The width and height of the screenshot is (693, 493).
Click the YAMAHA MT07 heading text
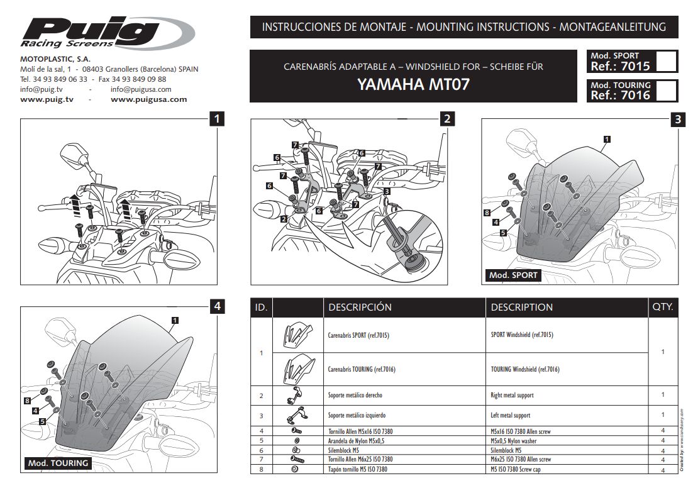(x=413, y=85)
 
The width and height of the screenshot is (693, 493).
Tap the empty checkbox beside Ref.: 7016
(x=666, y=91)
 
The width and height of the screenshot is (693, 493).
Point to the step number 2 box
(x=446, y=119)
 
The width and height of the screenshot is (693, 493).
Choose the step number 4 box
(x=216, y=306)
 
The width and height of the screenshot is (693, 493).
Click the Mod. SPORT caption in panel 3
(x=513, y=275)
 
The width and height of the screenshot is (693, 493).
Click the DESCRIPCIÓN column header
(x=360, y=307)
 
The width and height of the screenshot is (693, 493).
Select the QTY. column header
(x=663, y=307)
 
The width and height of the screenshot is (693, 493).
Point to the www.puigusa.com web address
(x=148, y=99)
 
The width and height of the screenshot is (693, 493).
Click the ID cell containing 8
(x=261, y=469)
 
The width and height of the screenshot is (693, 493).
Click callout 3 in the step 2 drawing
(x=387, y=191)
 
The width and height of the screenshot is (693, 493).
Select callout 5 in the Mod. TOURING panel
(x=42, y=421)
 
